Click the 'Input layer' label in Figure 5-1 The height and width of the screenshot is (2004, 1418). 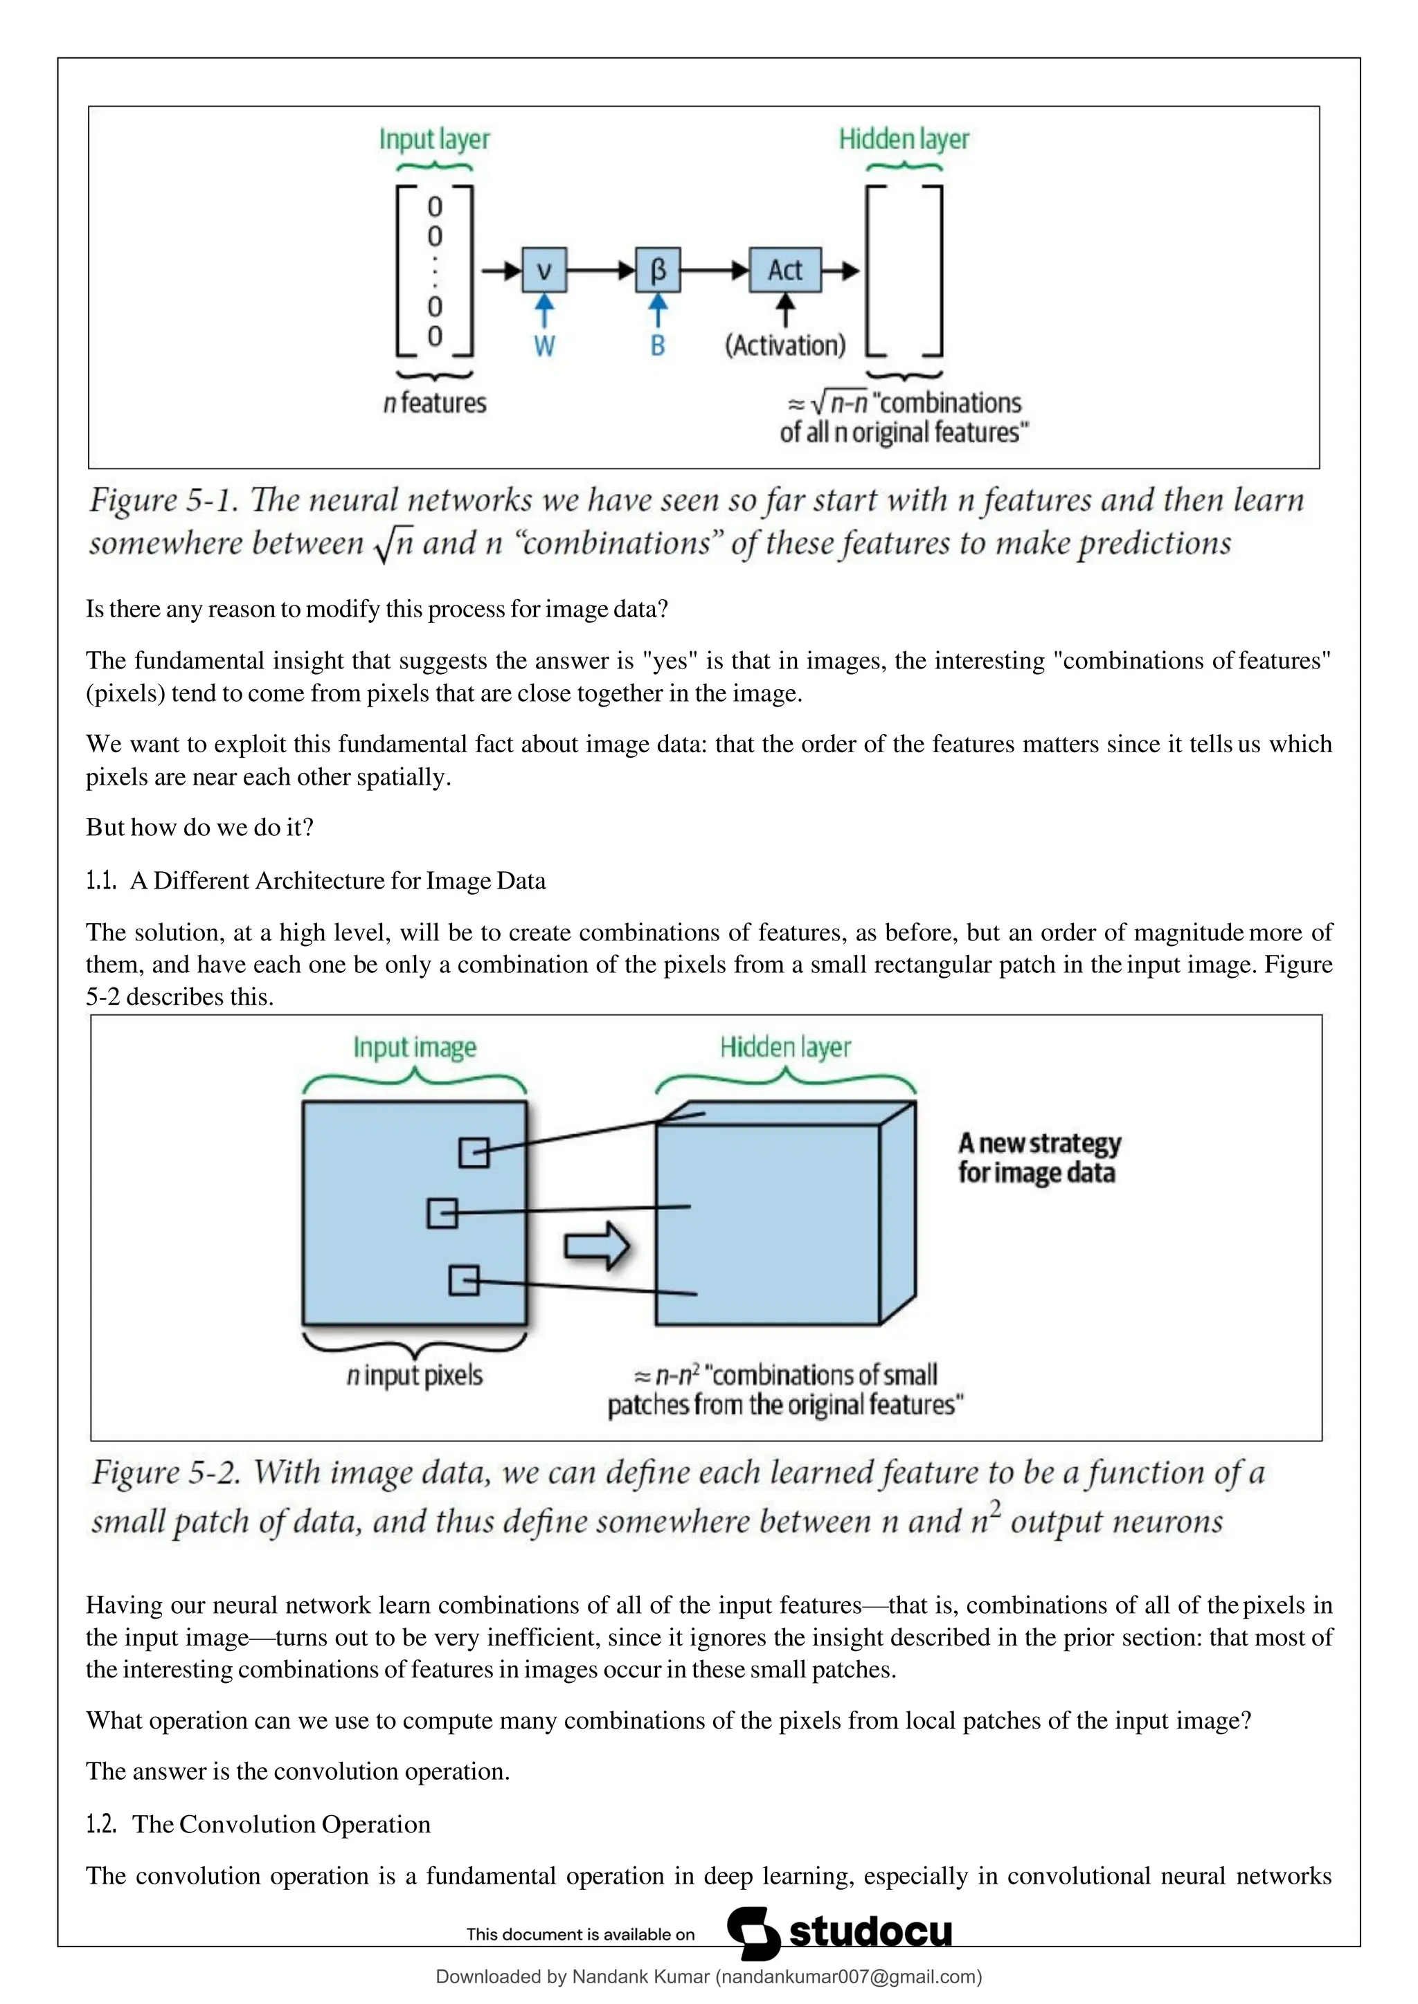(434, 139)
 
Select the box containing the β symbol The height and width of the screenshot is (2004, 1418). (658, 270)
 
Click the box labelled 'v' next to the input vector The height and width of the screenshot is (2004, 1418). (544, 270)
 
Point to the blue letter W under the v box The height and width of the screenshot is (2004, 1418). (544, 347)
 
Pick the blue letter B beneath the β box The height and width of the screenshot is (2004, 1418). (658, 347)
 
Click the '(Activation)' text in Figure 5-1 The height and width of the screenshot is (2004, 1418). (785, 345)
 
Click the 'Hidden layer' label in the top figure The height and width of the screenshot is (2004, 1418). (904, 139)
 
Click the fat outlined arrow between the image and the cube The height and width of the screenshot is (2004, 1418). (596, 1246)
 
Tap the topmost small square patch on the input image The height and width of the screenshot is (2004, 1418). (474, 1152)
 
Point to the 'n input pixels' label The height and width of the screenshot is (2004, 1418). (415, 1375)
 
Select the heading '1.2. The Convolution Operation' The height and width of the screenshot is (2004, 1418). (258, 1823)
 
